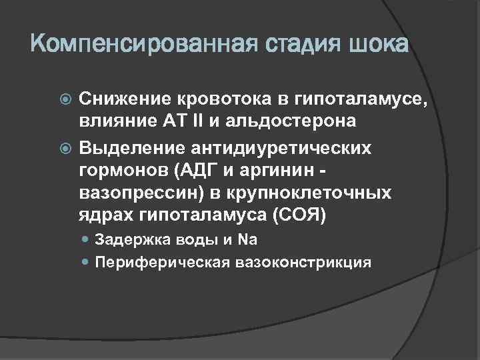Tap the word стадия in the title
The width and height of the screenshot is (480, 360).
pos(295,46)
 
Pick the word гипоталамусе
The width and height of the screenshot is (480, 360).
pos(360,100)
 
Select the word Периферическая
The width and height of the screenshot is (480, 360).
pos(162,262)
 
